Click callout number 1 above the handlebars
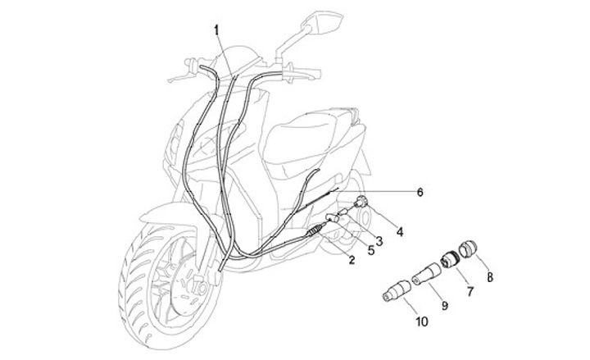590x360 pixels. click(216, 30)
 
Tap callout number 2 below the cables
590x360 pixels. click(352, 260)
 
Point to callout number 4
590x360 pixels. click(400, 232)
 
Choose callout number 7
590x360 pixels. click(470, 291)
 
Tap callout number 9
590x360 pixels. click(446, 306)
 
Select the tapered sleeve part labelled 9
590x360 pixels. click(427, 273)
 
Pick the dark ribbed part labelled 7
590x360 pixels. click(450, 260)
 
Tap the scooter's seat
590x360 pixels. click(311, 131)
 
